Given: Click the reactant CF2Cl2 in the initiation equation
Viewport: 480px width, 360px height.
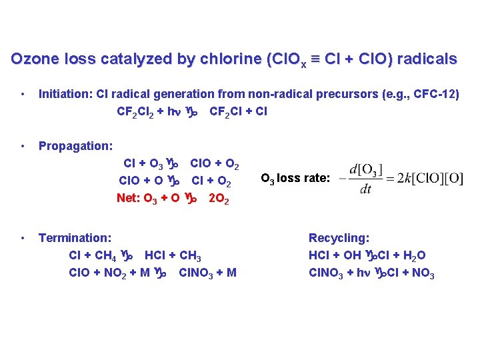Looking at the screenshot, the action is click(135, 112).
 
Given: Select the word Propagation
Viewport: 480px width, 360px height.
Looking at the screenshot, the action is click(75, 145).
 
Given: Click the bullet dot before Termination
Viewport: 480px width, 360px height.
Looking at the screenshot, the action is click(23, 237).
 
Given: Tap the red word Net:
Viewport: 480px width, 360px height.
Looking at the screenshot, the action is click(129, 197).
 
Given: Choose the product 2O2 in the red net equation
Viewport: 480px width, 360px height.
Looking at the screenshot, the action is click(219, 199).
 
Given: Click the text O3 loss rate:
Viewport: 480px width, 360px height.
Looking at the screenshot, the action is click(295, 178).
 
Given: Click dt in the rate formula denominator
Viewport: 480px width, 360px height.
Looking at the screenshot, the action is click(364, 189).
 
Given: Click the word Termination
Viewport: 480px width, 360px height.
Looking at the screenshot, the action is click(75, 237).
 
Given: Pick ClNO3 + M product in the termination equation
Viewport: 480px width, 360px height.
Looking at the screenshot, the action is click(207, 273).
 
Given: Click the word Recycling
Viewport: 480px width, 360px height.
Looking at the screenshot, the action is click(339, 237).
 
